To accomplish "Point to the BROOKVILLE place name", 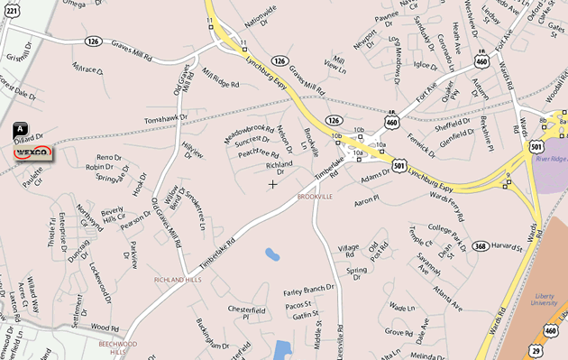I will (x=316, y=196).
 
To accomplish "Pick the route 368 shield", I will (x=480, y=245).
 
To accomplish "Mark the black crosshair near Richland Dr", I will (x=273, y=184).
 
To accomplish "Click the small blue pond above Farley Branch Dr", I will (x=272, y=254).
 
